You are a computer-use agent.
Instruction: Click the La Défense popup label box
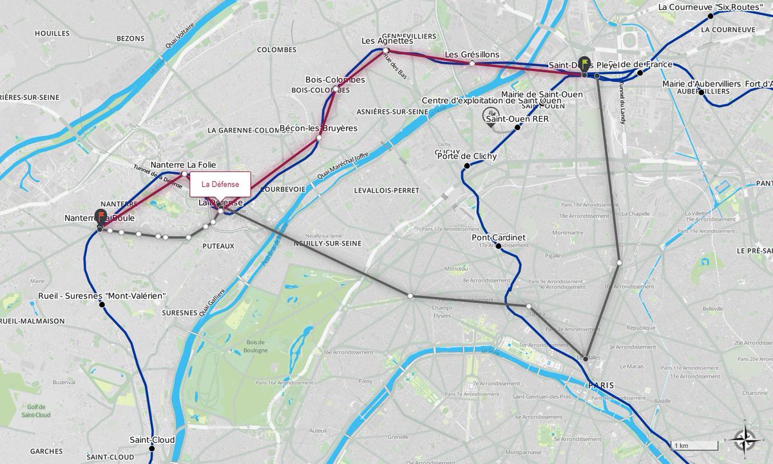[x=220, y=184]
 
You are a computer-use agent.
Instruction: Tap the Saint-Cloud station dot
[x=152, y=449]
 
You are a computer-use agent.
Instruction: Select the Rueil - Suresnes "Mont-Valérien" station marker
[x=102, y=304]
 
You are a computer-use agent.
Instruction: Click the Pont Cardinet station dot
[x=499, y=246]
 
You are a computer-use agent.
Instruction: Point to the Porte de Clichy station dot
[x=467, y=166]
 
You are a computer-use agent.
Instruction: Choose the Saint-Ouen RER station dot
[x=517, y=127]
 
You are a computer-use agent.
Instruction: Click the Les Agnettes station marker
[x=385, y=50]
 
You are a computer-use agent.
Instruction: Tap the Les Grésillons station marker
[x=472, y=63]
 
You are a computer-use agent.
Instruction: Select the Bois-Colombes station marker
[x=335, y=89]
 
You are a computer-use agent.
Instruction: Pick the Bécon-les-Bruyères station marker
[x=319, y=137]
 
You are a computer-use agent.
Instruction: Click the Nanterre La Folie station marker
[x=184, y=173]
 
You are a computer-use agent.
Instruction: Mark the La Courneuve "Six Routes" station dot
[x=711, y=15]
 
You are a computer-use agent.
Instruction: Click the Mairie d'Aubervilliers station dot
[x=701, y=92]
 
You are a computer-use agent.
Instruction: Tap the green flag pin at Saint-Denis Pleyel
[x=584, y=64]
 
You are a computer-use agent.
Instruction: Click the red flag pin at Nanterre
[x=101, y=217]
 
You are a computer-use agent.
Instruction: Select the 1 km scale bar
[x=694, y=445]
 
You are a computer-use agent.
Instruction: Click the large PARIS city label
[x=600, y=385]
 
